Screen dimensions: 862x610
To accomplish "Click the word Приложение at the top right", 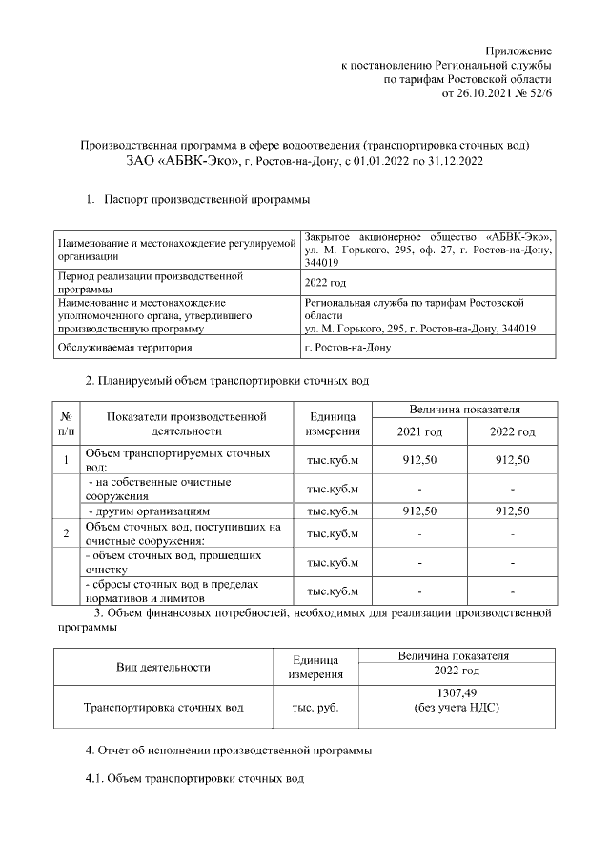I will pyautogui.click(x=518, y=50).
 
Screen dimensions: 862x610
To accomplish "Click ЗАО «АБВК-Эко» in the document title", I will pyautogui.click(x=182, y=161).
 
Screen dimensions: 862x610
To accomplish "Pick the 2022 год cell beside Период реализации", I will pyautogui.click(x=325, y=283).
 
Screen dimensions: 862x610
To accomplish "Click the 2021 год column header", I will pyautogui.click(x=419, y=431).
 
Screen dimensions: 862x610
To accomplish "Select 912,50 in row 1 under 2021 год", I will pyautogui.click(x=419, y=460).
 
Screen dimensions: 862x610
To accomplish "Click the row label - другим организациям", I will pyautogui.click(x=147, y=511).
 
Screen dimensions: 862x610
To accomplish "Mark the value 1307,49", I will pyautogui.click(x=456, y=693).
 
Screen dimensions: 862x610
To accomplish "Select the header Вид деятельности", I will pyautogui.click(x=163, y=667).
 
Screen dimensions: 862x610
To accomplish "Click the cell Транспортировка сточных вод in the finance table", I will pyautogui.click(x=163, y=708).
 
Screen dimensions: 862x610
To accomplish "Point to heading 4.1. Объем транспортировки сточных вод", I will pyautogui.click(x=195, y=779).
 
